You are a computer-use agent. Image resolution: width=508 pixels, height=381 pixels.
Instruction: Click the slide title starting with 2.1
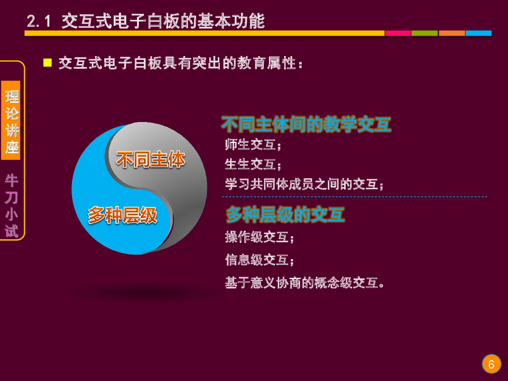(x=146, y=21)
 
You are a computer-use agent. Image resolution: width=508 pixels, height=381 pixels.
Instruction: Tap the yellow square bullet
(x=48, y=63)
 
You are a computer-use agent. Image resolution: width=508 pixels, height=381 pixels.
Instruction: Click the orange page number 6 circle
(x=491, y=365)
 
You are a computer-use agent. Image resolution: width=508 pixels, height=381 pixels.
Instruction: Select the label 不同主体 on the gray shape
(x=150, y=160)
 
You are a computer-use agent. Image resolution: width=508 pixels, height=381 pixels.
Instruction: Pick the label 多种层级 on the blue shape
(x=122, y=215)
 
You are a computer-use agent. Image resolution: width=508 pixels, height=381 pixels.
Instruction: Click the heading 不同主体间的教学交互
(x=306, y=125)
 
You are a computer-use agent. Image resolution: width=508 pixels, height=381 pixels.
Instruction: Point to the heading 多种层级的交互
(x=285, y=214)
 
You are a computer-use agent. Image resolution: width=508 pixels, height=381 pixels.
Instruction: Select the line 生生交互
(x=253, y=164)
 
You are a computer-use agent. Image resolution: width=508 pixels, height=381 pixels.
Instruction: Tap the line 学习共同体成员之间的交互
(x=304, y=184)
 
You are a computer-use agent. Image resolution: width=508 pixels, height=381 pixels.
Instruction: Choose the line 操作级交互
(x=259, y=237)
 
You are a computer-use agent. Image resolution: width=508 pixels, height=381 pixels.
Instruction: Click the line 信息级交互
(x=259, y=259)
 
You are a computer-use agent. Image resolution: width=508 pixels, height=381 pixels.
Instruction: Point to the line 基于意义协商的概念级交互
(x=305, y=283)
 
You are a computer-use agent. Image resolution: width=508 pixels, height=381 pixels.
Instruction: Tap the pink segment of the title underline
(x=398, y=33)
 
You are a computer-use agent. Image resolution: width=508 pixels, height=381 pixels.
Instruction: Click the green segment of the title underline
(x=425, y=33)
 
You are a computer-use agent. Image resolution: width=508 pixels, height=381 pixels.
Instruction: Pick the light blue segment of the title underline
(x=479, y=33)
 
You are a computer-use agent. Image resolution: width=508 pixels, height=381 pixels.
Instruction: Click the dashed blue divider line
(x=354, y=197)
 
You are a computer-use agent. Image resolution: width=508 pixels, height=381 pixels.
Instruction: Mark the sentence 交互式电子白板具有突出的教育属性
(x=181, y=63)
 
